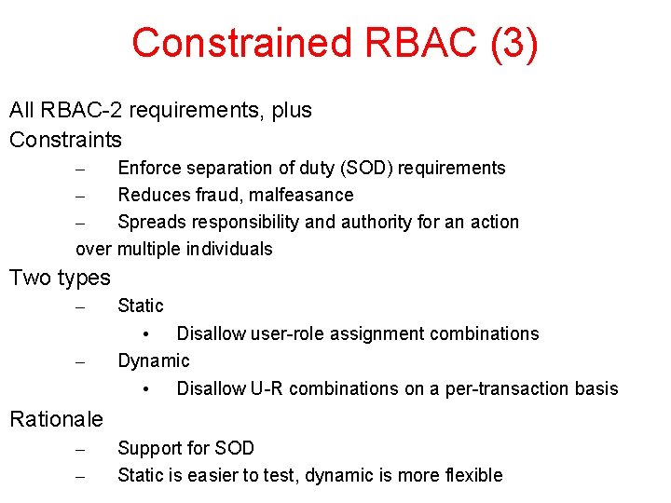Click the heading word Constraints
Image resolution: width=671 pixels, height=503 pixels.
65,140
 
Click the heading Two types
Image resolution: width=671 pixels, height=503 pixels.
60,278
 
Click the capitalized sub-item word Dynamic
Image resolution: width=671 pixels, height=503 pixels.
153,360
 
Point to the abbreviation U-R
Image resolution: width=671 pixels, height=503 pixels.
266,388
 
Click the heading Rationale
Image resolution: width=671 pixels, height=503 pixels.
56,419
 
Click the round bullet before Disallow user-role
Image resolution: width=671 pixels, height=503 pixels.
146,334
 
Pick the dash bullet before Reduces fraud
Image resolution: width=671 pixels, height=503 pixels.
80,196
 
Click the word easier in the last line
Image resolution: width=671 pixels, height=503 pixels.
223,475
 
